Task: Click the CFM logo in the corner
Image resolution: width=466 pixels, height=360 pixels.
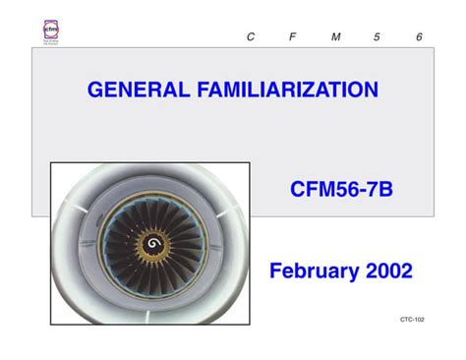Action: [52, 31]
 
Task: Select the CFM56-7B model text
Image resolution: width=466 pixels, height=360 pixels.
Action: [341, 188]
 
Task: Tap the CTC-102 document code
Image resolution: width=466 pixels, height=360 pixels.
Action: [412, 321]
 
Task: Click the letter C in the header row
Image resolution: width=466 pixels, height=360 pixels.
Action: [251, 36]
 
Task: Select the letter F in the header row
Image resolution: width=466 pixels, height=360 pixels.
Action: [293, 36]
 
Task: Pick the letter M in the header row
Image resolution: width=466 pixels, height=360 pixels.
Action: [335, 36]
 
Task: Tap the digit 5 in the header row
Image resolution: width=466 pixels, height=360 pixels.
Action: [377, 36]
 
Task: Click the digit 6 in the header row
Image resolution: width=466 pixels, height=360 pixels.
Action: [419, 36]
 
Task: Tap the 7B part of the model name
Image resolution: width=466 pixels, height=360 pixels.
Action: [379, 188]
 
